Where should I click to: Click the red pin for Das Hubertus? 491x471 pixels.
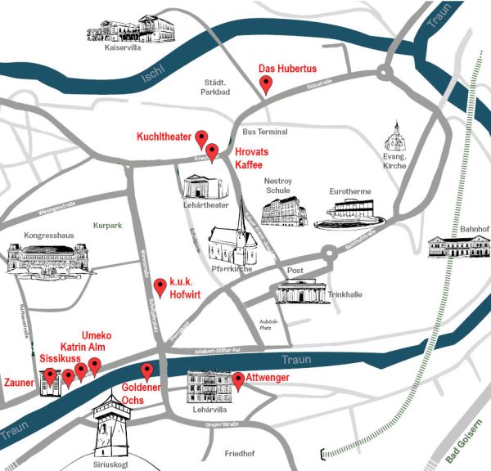coord(265,84)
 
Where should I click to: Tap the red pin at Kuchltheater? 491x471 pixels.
coord(202,138)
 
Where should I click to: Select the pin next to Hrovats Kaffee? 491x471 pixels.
coord(212,152)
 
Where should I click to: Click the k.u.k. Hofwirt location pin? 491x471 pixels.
coord(160,287)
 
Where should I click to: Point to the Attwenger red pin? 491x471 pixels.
coord(238,380)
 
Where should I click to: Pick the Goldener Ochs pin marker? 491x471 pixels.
coord(147,370)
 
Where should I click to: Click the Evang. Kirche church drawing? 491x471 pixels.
coord(396,136)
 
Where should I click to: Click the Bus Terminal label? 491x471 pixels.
coord(265,132)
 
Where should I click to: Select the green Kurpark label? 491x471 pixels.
coord(107,225)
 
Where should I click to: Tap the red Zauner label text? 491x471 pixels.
coord(18,382)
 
